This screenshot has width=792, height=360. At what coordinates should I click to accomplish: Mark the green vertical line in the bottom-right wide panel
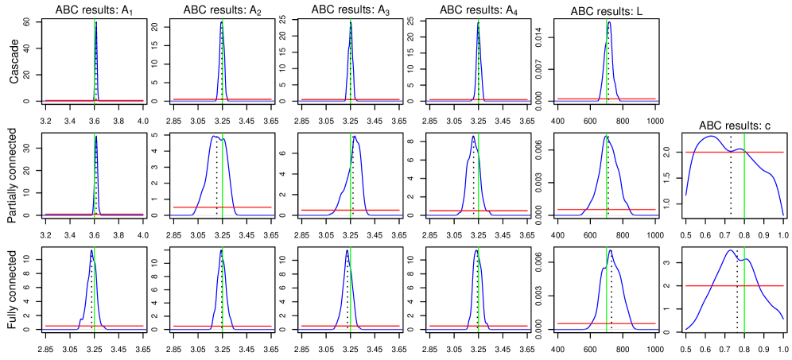pyautogui.click(x=744, y=302)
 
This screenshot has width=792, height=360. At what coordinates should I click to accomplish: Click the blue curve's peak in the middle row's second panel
pyautogui.click(x=215, y=136)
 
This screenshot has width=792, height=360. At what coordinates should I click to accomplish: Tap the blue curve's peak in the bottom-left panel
pyautogui.click(x=91, y=250)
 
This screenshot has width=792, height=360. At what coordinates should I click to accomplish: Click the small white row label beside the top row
pyautogui.click(x=16, y=61)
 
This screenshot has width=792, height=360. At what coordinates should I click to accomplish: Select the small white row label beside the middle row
pyautogui.click(x=16, y=175)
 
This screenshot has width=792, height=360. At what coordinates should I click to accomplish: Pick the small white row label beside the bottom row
pyautogui.click(x=16, y=289)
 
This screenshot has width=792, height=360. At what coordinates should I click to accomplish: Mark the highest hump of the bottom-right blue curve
pyautogui.click(x=730, y=250)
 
